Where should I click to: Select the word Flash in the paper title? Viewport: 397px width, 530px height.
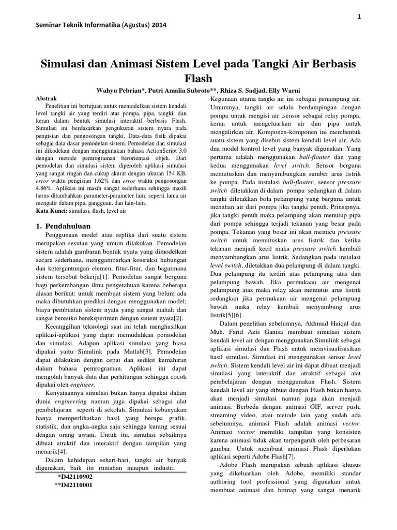pyautogui.click(x=198, y=78)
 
